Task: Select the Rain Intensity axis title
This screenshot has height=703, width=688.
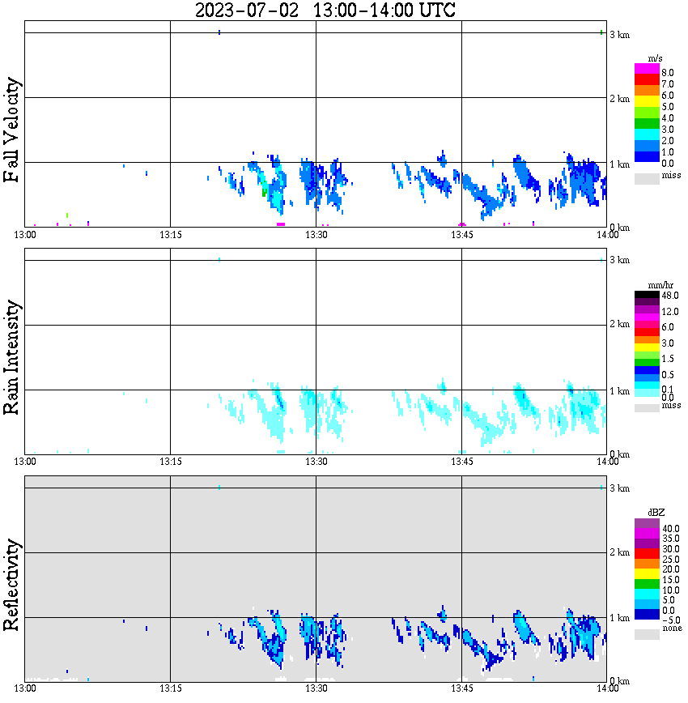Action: tap(12, 357)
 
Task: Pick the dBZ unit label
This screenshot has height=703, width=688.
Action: tap(655, 513)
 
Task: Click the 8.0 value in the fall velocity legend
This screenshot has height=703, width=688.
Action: tap(668, 73)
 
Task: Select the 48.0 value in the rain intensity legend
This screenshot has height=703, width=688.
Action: tap(670, 296)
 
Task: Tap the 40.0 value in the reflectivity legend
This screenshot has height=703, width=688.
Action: tap(670, 529)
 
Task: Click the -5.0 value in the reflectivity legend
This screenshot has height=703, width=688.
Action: tap(670, 620)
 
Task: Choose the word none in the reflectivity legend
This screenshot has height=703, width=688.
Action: tap(671, 628)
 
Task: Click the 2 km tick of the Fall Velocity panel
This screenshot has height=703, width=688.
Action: tap(619, 99)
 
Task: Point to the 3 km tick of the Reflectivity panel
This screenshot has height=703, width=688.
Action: tap(619, 488)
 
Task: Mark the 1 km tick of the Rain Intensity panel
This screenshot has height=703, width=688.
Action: tap(619, 391)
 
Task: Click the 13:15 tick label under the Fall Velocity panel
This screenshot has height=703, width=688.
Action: tap(170, 234)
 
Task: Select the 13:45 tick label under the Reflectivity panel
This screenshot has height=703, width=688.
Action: tap(461, 688)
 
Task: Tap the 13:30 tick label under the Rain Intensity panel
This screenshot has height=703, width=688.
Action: tap(316, 462)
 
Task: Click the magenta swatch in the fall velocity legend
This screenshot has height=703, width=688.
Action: tap(647, 68)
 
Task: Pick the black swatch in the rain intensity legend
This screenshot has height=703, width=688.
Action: tap(647, 296)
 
